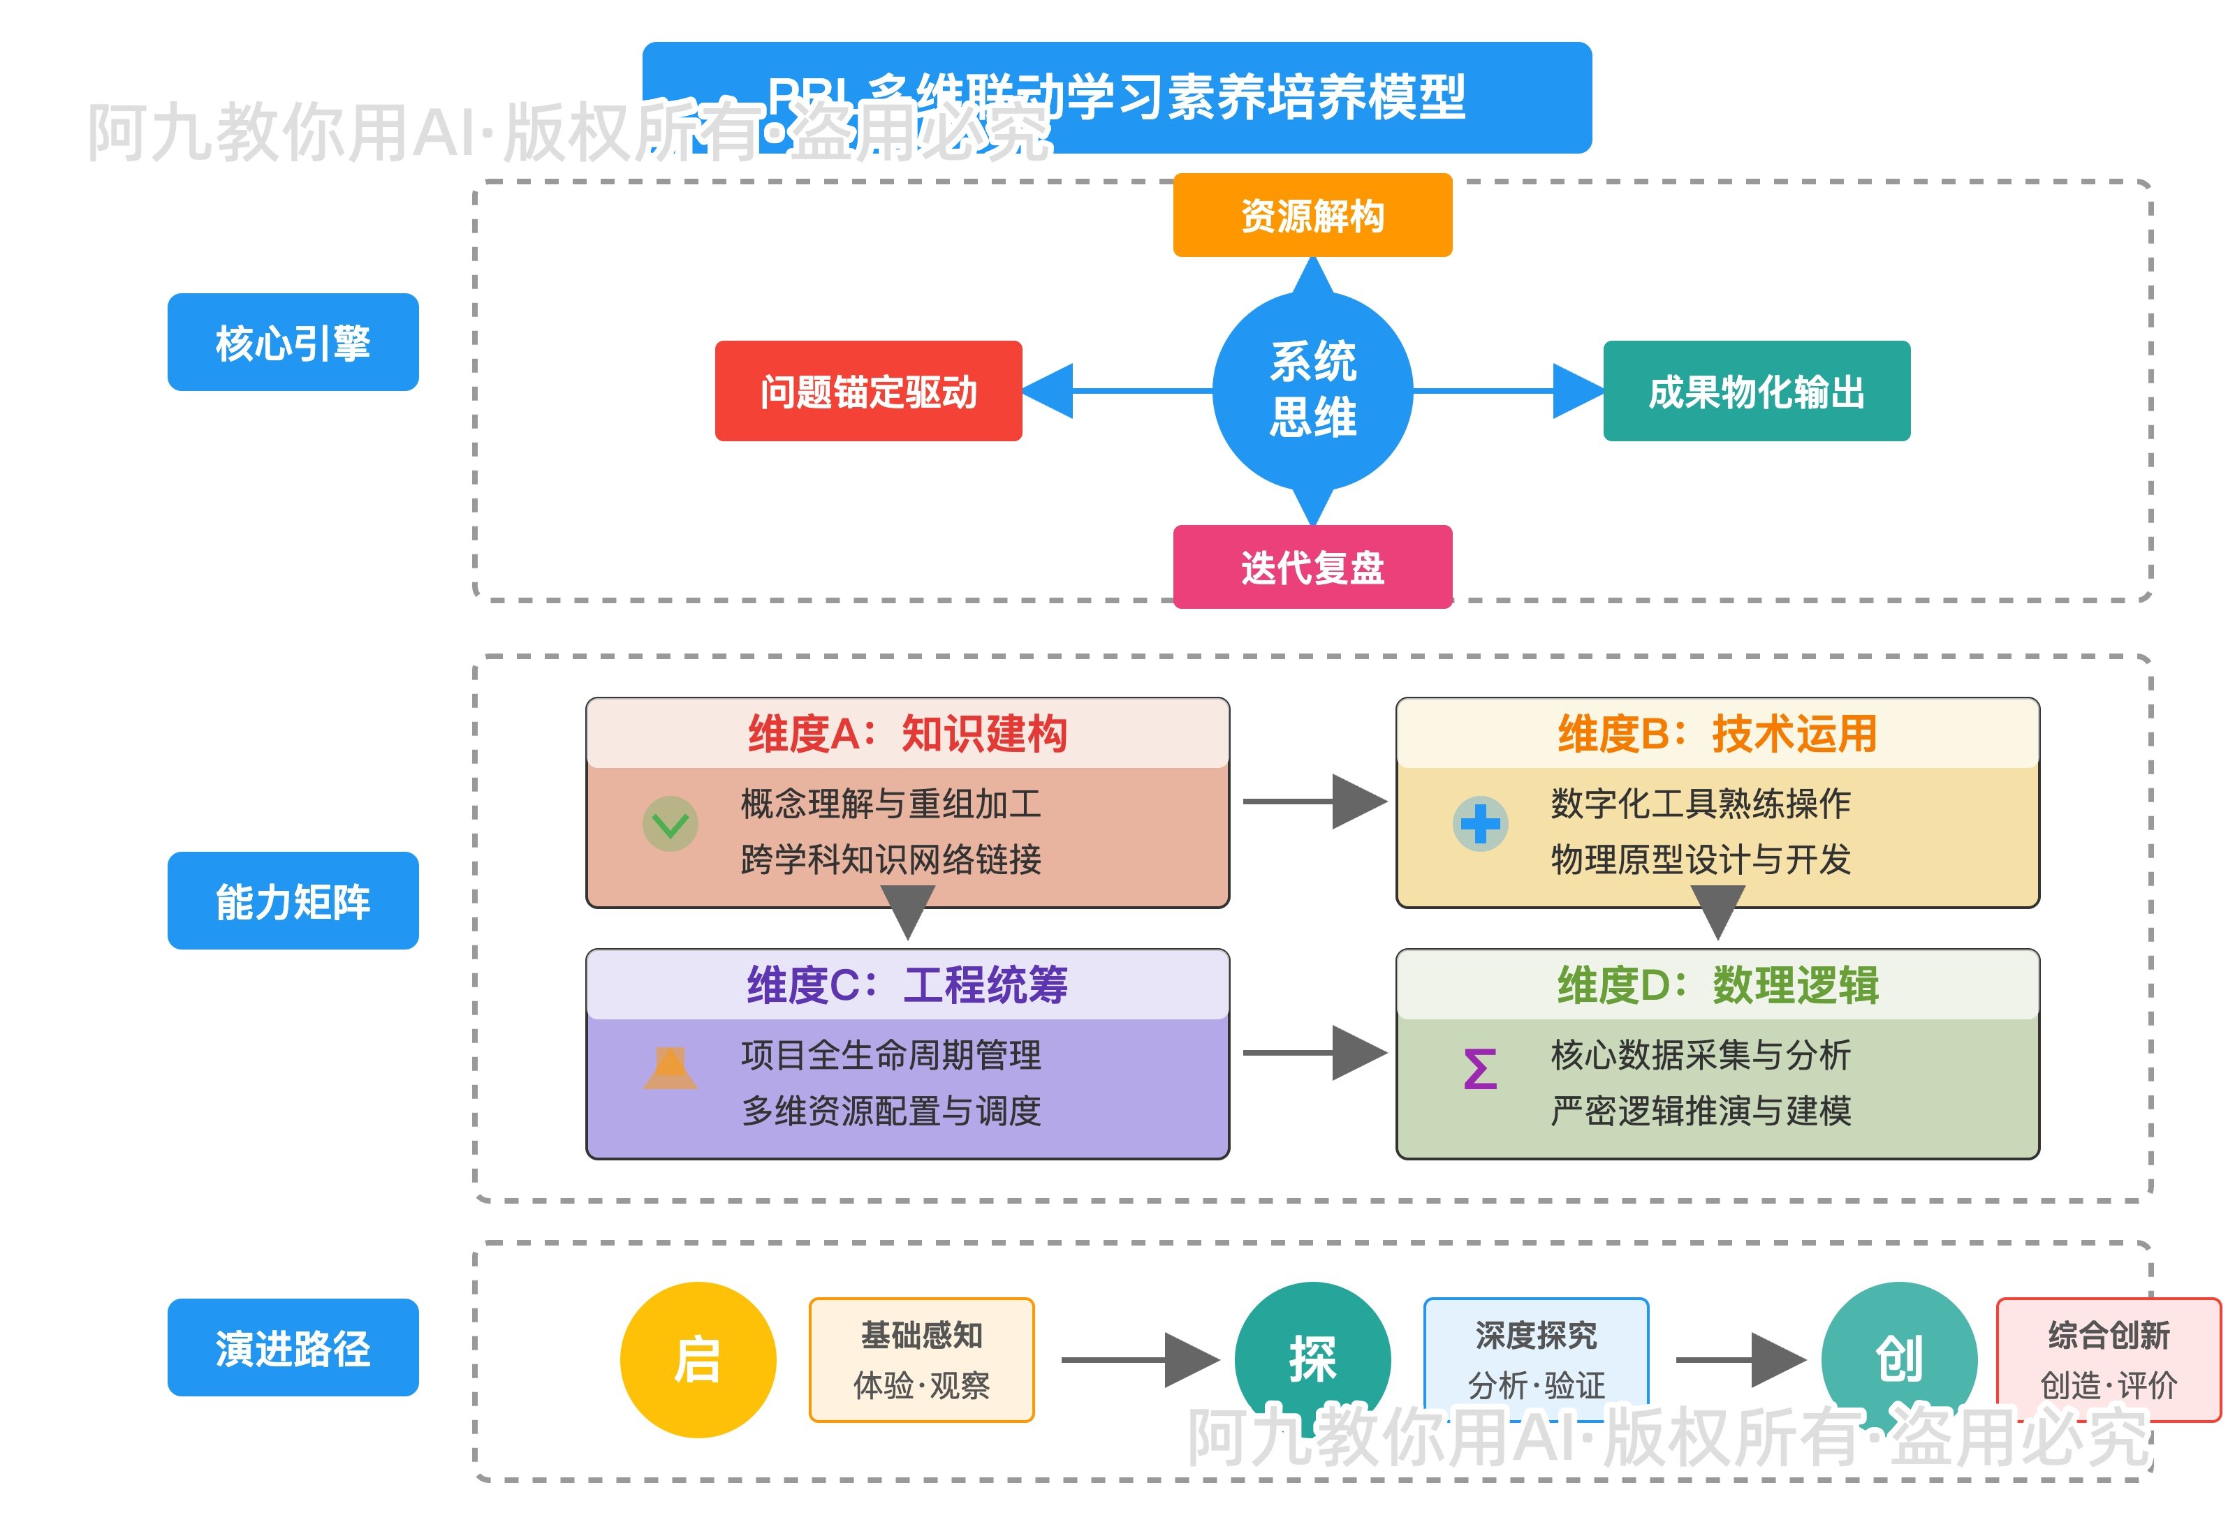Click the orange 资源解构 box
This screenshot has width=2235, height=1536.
pyautogui.click(x=1311, y=216)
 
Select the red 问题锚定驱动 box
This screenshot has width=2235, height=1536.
pyautogui.click(x=867, y=391)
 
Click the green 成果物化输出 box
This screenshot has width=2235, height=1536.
pyautogui.click(x=1756, y=391)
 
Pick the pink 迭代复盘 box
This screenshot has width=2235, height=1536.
pyautogui.click(x=1311, y=567)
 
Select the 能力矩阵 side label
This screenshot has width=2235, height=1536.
pyautogui.click(x=293, y=900)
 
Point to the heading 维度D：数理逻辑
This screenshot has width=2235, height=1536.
pyautogui.click(x=1717, y=984)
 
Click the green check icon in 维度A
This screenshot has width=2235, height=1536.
pyautogui.click(x=670, y=824)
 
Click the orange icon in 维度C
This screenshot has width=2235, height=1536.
pyautogui.click(x=670, y=1068)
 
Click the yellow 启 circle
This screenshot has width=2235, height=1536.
pyautogui.click(x=697, y=1359)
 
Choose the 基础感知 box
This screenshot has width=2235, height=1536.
pyautogui.click(x=921, y=1359)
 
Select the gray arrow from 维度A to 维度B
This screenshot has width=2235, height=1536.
pyautogui.click(x=1314, y=801)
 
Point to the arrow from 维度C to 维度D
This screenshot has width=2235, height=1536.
pyautogui.click(x=1314, y=1053)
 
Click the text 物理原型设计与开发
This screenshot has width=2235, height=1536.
pyautogui.click(x=1700, y=859)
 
